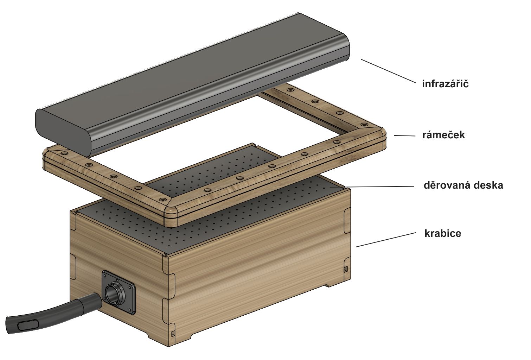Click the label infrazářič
click(445, 84)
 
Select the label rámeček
click(443, 135)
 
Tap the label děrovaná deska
click(463, 185)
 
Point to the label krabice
click(442, 233)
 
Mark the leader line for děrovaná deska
click(380, 187)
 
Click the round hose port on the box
click(114, 292)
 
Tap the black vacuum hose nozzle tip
click(14, 324)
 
